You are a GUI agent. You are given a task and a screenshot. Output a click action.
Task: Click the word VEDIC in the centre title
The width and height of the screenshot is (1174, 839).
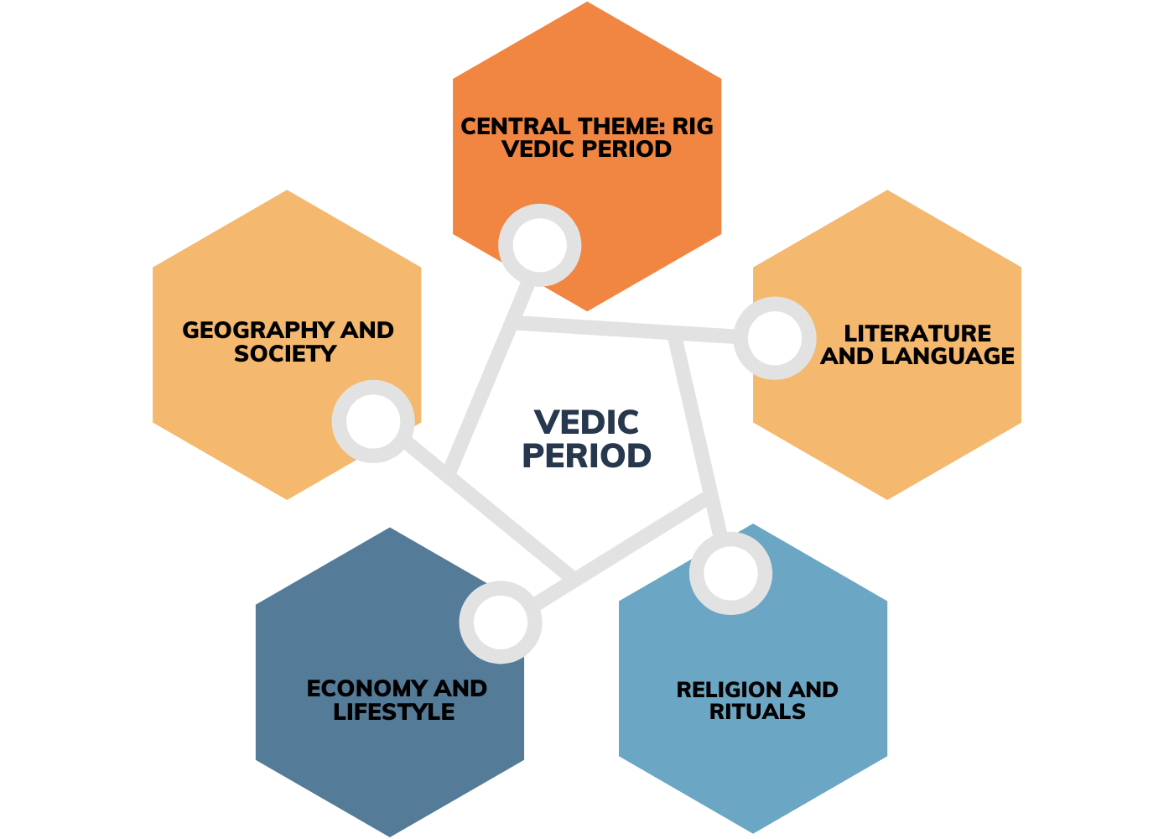[586, 422]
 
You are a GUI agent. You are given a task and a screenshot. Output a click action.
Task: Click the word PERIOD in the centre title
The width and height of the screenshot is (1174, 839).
[586, 455]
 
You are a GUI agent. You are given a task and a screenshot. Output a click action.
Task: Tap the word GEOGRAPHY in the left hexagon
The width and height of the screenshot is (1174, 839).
[258, 331]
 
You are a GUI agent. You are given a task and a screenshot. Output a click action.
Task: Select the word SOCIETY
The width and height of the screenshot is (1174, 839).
[285, 353]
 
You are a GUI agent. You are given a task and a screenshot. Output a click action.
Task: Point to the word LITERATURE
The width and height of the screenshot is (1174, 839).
[917, 334]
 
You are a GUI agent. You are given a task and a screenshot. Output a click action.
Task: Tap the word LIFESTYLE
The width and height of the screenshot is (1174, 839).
[393, 711]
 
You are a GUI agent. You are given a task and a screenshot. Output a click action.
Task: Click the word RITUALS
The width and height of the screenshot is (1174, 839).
[757, 711]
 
